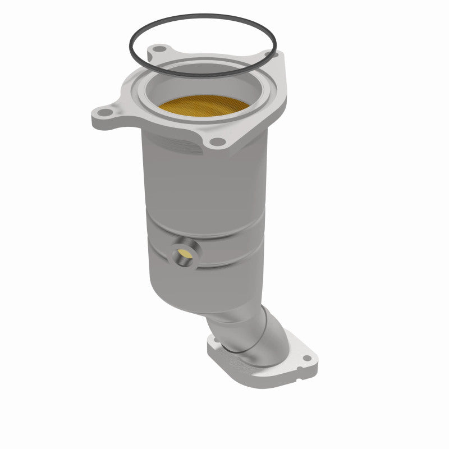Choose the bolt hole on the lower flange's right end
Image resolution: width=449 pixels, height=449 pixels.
(x=305, y=356)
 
